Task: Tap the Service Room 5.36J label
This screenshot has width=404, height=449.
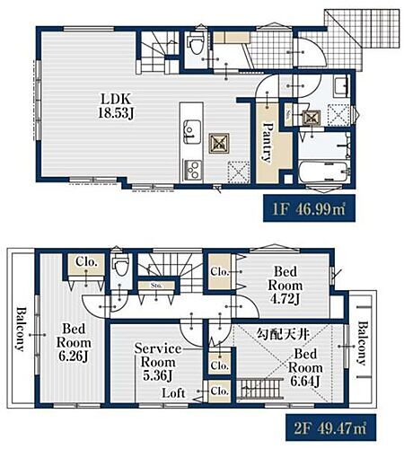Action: pos(157,362)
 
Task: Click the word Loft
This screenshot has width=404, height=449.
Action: pos(175,392)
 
